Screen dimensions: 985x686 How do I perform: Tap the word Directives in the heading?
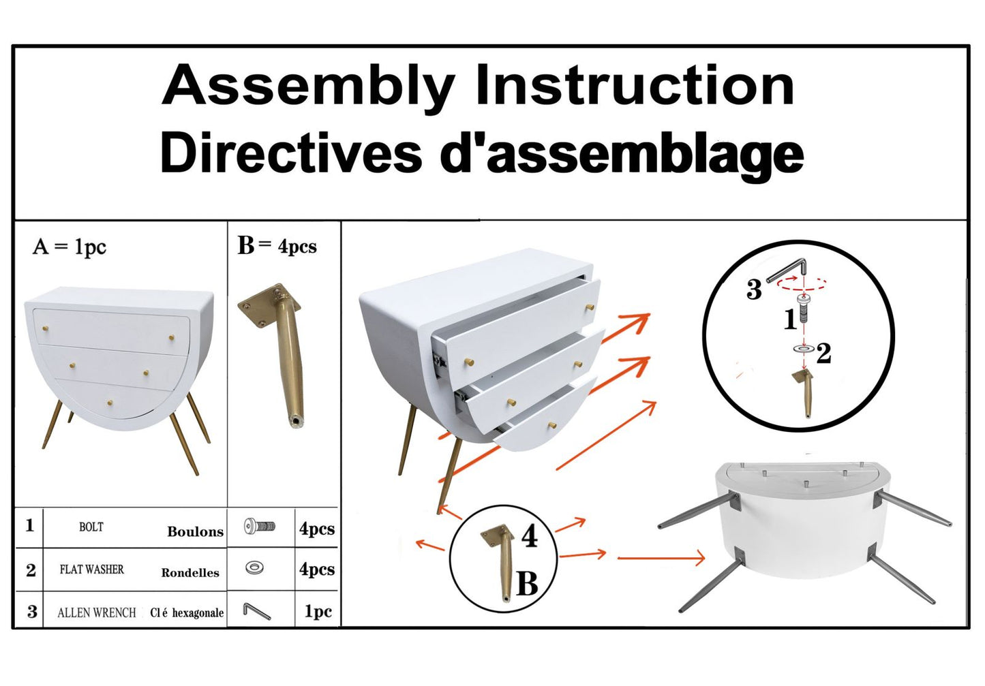[290, 153]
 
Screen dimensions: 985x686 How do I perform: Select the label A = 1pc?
[69, 247]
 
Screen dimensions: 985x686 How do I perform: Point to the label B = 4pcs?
[277, 246]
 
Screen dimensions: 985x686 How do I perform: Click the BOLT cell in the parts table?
[91, 527]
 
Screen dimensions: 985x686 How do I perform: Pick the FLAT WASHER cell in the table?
[92, 570]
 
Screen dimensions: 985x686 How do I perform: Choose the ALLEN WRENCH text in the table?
[97, 612]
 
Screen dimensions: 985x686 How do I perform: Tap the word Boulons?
[195, 532]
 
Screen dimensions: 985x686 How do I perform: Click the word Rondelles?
[190, 573]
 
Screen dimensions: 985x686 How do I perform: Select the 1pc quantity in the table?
[318, 611]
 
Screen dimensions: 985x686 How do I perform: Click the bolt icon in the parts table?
[260, 526]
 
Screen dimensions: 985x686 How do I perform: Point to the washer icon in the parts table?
[255, 567]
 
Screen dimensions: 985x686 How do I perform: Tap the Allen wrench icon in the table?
[256, 611]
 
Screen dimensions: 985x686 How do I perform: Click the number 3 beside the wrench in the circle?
[754, 290]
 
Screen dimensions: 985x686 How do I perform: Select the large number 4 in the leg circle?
[530, 537]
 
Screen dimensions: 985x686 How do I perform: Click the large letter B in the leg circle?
[527, 584]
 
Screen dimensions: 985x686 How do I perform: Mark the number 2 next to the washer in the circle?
[824, 353]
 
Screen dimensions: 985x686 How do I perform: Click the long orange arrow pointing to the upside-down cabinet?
[661, 558]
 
